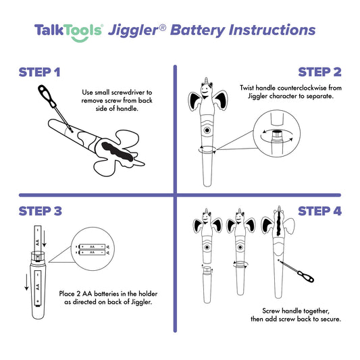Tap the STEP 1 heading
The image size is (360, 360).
click(39, 72)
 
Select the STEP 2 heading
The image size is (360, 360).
click(319, 72)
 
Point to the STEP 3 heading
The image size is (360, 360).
click(41, 211)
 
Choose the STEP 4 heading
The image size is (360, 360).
click(319, 211)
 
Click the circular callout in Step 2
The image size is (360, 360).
click(276, 136)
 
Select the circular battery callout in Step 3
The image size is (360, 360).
click(92, 253)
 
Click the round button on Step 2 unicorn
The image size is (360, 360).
click(207, 128)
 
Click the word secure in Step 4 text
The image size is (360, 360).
click(331, 318)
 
